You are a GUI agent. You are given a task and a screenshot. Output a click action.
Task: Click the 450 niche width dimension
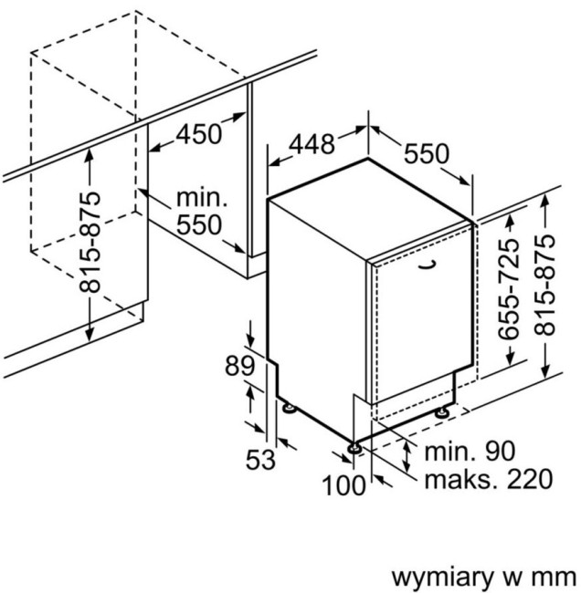[199, 133]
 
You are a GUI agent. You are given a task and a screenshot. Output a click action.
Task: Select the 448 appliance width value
[312, 144]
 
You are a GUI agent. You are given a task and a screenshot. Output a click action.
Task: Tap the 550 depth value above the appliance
[426, 153]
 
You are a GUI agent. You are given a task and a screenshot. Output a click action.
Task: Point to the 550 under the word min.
[199, 225]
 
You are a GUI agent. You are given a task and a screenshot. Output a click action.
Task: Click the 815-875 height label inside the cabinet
[90, 243]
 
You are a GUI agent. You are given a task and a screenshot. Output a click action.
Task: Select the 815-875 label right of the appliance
[544, 286]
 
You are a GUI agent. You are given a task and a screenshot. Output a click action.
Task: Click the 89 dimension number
[239, 366]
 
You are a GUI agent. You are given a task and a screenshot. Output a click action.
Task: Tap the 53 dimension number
[260, 460]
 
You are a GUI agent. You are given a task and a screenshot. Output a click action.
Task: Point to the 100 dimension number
[344, 485]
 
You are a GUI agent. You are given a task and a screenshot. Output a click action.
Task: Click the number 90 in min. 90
[500, 451]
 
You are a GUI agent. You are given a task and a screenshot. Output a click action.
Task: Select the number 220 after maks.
[529, 479]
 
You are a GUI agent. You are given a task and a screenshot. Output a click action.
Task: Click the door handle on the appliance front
[428, 265]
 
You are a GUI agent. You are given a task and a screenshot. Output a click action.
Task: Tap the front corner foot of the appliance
[355, 447]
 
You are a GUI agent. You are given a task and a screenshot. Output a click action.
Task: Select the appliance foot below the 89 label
[290, 408]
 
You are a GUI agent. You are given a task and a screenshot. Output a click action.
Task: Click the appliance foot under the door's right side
[442, 412]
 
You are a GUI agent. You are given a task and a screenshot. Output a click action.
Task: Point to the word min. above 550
[202, 198]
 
